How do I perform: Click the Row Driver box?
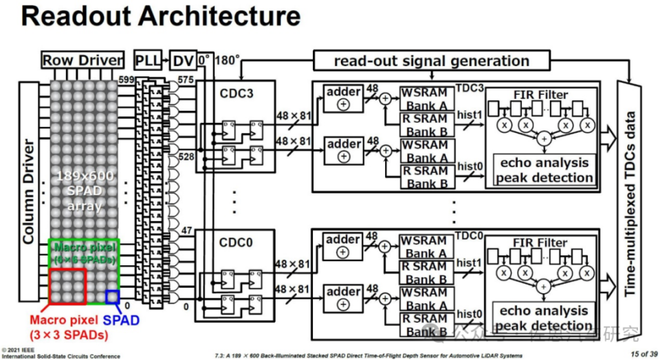pos(82,60)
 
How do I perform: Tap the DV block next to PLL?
pos(181,60)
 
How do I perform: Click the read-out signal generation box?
pos(432,60)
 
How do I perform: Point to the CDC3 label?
pos(235,91)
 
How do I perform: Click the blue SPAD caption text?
pos(121,321)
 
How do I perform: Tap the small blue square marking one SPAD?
pos(112,296)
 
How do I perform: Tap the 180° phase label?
pos(228,60)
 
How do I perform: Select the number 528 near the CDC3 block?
pos(186,158)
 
